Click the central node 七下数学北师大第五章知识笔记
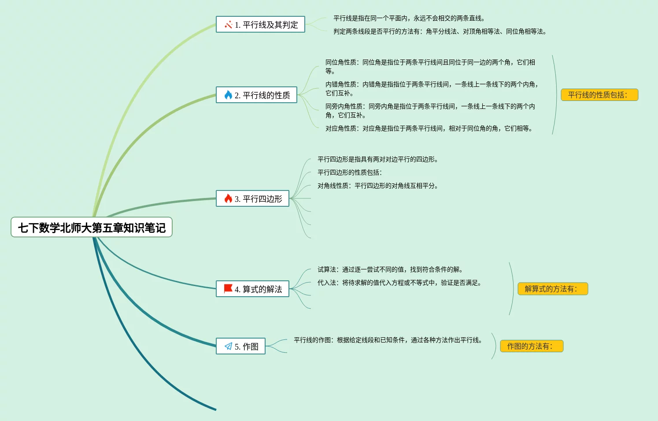point(92,227)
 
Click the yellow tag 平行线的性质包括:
point(599,95)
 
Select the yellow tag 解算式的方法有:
point(553,289)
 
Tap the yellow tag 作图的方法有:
point(532,346)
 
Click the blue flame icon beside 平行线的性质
point(228,95)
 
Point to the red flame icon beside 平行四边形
point(228,198)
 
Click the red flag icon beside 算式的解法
point(228,289)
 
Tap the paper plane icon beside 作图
point(228,346)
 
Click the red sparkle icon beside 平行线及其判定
point(228,25)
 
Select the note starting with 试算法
point(390,269)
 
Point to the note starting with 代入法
point(399,283)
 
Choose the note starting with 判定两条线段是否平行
point(440,31)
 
